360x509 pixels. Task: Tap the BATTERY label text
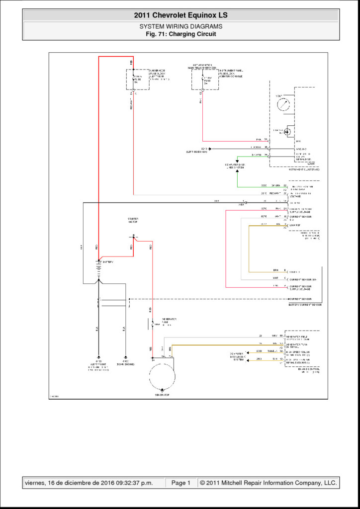tap(108, 261)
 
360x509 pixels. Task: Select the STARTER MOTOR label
tap(133, 220)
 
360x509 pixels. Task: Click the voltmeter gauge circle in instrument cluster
tap(282, 105)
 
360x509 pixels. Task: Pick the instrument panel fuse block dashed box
tap(205, 80)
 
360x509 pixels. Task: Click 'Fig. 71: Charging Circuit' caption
tap(180, 34)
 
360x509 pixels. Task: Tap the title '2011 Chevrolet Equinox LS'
tap(180, 15)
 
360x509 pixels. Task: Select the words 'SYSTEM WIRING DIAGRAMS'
tap(180, 26)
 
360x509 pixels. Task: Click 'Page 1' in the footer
tap(181, 483)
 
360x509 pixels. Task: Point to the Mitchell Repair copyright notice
tap(268, 483)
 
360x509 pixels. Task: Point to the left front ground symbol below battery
tap(99, 357)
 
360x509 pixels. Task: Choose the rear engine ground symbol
tap(125, 357)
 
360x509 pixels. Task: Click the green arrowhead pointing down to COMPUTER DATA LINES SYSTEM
tap(237, 162)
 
